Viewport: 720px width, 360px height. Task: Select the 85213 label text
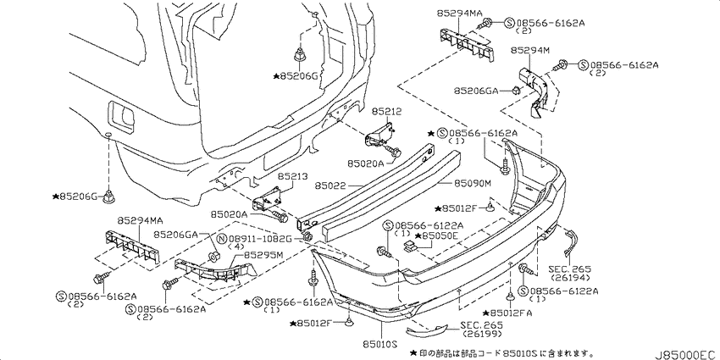(292, 176)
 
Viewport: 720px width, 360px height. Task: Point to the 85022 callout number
(329, 187)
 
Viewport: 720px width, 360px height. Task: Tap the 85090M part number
(473, 183)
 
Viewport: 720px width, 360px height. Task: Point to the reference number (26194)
(569, 277)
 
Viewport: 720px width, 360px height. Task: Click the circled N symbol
(222, 239)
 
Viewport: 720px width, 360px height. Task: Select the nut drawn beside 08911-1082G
(307, 237)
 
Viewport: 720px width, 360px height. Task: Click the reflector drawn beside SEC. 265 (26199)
(426, 330)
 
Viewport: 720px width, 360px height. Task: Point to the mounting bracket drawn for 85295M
(213, 272)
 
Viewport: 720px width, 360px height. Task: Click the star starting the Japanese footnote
(413, 352)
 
